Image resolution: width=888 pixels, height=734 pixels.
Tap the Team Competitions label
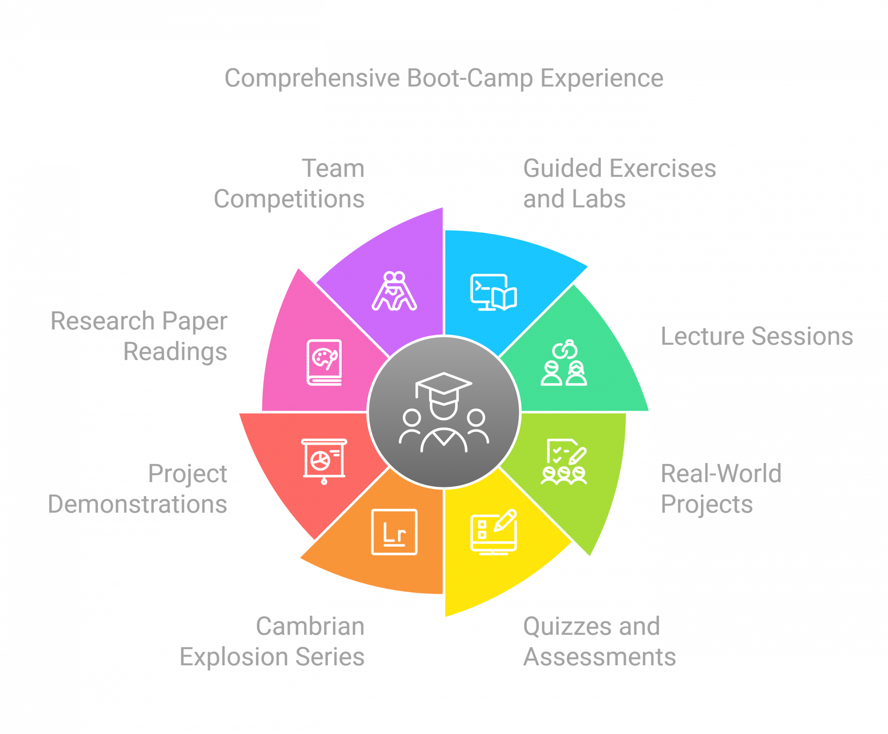click(x=289, y=183)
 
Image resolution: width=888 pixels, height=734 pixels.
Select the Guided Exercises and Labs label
click(x=620, y=183)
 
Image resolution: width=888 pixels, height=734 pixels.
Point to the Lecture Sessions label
click(x=757, y=336)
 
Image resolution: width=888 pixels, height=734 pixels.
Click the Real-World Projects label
click(x=721, y=489)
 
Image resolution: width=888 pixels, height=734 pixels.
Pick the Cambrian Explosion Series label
click(x=272, y=641)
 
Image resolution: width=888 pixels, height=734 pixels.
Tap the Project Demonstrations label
click(x=137, y=489)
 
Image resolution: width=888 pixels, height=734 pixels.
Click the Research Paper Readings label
click(x=139, y=336)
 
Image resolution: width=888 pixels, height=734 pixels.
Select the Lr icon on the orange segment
click(x=394, y=532)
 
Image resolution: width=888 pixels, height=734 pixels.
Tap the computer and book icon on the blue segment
click(x=494, y=292)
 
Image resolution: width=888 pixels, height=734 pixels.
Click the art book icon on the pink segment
click(x=324, y=362)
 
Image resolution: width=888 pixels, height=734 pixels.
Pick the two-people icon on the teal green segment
click(x=564, y=362)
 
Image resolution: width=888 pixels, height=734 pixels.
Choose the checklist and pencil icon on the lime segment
click(x=564, y=462)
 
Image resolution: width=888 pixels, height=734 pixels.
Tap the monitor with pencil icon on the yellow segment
click(x=494, y=532)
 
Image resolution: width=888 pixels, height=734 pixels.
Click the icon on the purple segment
click(x=394, y=291)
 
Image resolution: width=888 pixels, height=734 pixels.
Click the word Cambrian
click(x=310, y=626)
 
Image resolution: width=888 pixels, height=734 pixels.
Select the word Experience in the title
click(x=602, y=79)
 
